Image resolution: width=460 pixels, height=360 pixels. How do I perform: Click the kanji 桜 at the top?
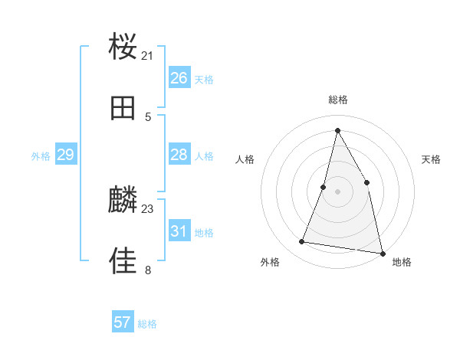pos(123,47)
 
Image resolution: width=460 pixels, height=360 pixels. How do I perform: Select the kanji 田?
pos(123,108)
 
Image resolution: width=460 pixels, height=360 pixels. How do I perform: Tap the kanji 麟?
pos(123,200)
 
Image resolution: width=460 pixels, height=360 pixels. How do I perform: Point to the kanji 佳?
pos(123,260)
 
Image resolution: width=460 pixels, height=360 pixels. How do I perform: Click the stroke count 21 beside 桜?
pos(148,56)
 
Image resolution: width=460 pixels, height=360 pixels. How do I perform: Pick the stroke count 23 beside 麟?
pos(148,208)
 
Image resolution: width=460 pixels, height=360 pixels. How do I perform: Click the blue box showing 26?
pos(179,78)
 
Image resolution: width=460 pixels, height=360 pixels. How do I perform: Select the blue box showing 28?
pos(179,155)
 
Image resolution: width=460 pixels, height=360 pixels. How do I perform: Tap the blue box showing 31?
pos(179,231)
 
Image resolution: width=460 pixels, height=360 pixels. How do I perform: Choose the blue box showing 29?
pos(65,155)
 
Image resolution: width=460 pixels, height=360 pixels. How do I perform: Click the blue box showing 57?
pos(123,322)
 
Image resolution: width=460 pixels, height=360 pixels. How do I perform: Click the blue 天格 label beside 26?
pos(204,80)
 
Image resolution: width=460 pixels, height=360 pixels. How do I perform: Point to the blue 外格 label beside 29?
pos(41,156)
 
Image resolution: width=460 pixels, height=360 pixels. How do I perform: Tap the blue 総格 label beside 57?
pos(148,324)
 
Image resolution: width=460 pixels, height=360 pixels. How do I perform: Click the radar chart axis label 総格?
pos(338,100)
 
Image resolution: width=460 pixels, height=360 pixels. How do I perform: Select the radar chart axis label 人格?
pos(245,159)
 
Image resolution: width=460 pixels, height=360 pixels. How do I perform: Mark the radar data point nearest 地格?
pos(382,253)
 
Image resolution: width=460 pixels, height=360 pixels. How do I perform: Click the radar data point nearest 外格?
pos(302,242)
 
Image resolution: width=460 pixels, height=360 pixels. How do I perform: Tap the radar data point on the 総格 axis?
pos(337,130)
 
